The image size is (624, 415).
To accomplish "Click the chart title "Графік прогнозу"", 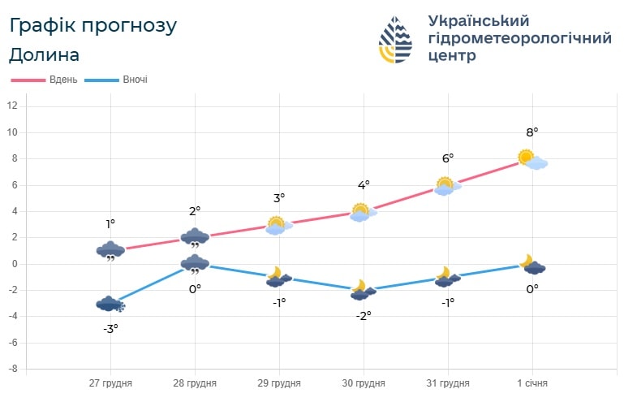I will [93, 25].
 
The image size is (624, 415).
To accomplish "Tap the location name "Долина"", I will [45, 55].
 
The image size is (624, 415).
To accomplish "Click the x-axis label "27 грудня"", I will [110, 383].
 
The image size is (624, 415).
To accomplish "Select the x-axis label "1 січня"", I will [532, 383].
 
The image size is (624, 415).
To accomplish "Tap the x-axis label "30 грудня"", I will [364, 383].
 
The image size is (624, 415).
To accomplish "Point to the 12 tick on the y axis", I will [12, 106].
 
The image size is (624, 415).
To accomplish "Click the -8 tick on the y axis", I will [12, 370].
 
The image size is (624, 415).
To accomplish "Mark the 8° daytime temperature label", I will [532, 132].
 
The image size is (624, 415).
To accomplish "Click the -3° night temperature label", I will [111, 328].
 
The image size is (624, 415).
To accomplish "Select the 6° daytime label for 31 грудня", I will [448, 158].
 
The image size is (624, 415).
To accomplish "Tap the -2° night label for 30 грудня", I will [364, 315].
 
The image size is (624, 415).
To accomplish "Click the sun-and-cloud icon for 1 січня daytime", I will [532, 159].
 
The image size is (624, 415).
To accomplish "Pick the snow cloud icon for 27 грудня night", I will [110, 304].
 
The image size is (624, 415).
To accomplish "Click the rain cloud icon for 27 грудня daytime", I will [110, 251].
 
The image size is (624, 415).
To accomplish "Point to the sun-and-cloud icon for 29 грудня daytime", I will [278, 225].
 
